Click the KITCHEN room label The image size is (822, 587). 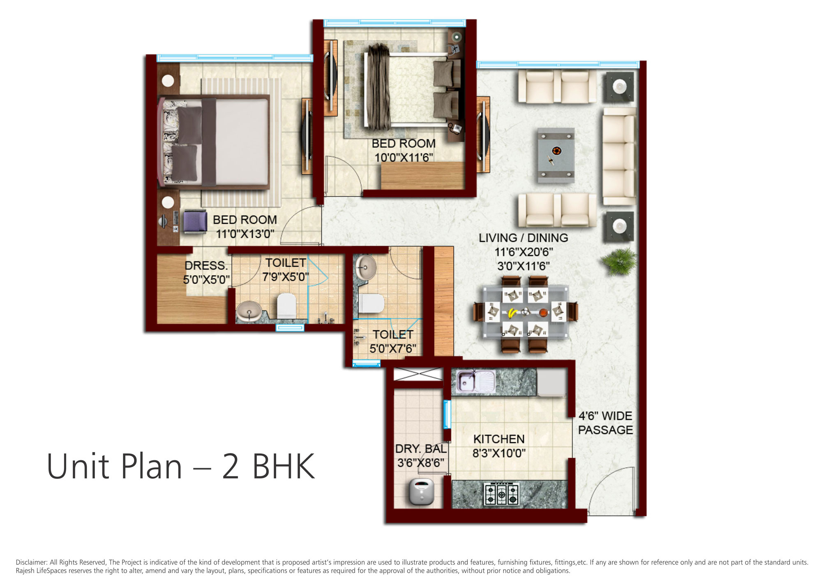pos(499,439)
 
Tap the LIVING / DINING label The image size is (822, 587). pos(523,238)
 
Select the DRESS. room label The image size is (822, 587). pos(206,265)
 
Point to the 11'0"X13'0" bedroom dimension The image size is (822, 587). pos(245,234)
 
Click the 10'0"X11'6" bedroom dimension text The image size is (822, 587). pos(404,158)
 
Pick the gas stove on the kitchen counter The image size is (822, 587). pos(501,494)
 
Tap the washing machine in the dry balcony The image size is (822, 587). pos(421,492)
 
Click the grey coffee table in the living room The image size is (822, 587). pos(556,155)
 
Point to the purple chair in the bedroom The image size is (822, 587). pos(194,222)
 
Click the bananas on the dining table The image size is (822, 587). pos(512,313)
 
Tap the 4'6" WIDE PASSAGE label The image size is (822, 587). pos(605,423)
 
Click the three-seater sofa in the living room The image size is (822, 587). pos(619,156)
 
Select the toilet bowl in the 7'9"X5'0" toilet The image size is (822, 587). pos(286,306)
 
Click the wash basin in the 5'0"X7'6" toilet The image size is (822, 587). pos(365,267)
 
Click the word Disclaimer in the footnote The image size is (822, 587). pos(31,562)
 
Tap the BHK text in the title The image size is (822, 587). pos(283,466)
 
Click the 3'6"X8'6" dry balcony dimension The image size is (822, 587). pos(420,463)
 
